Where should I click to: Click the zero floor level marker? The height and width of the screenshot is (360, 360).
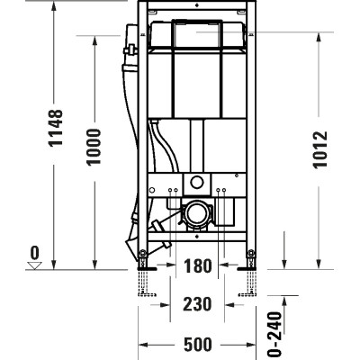click(34, 253)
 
